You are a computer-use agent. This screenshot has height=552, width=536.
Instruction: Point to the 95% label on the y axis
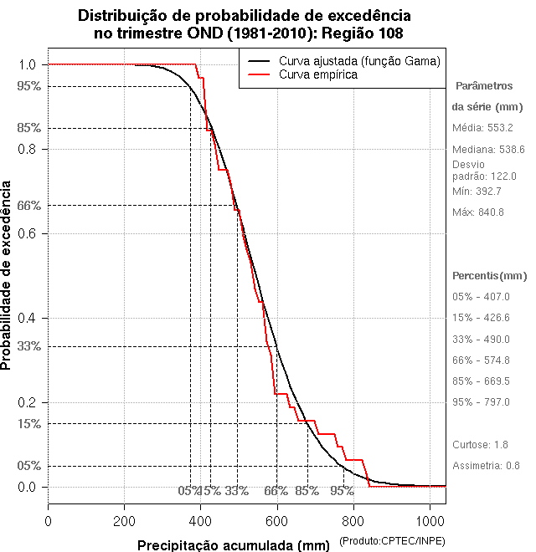(29, 86)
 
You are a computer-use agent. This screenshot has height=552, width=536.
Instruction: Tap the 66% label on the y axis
(29, 205)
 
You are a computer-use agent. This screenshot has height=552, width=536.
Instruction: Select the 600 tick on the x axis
(277, 521)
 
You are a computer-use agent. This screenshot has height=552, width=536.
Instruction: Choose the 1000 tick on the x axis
(430, 521)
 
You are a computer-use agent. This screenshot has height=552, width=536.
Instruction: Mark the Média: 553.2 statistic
(482, 127)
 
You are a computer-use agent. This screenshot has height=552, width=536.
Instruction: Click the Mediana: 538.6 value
(488, 149)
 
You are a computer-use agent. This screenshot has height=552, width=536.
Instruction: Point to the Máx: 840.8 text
(478, 212)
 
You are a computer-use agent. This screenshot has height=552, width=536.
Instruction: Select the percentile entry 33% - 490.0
(481, 339)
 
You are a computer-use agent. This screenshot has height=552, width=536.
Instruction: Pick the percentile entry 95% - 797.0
(481, 401)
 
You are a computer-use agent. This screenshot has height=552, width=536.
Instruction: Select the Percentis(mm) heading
(490, 275)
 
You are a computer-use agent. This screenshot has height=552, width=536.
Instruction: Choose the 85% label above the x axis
(307, 491)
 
